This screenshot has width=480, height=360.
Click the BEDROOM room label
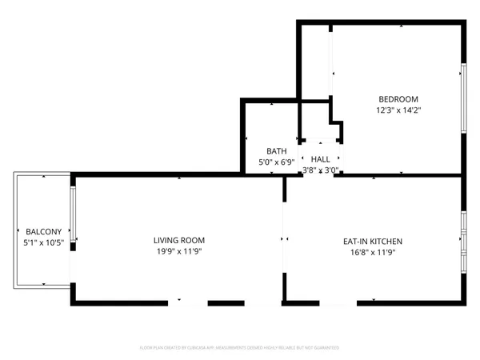click(x=398, y=99)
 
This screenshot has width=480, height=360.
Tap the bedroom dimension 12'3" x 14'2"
click(x=398, y=110)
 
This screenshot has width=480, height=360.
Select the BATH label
click(x=277, y=151)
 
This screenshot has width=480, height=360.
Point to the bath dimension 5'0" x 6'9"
click(x=277, y=162)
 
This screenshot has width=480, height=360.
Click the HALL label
click(x=321, y=159)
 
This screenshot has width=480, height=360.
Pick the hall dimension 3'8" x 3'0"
click(x=321, y=170)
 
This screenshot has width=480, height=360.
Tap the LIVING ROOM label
click(x=179, y=240)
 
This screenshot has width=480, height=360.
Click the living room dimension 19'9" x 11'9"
click(x=179, y=252)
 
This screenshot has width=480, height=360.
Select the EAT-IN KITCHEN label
click(x=373, y=241)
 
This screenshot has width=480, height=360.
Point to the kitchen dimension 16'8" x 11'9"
click(x=373, y=252)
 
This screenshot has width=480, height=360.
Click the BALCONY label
click(x=39, y=230)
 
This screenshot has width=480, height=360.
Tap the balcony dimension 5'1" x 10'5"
click(x=39, y=242)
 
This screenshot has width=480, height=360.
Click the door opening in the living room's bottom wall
click(x=187, y=302)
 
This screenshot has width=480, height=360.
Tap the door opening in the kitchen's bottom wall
click(x=338, y=302)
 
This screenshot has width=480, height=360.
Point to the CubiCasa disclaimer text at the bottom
click(x=240, y=348)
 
